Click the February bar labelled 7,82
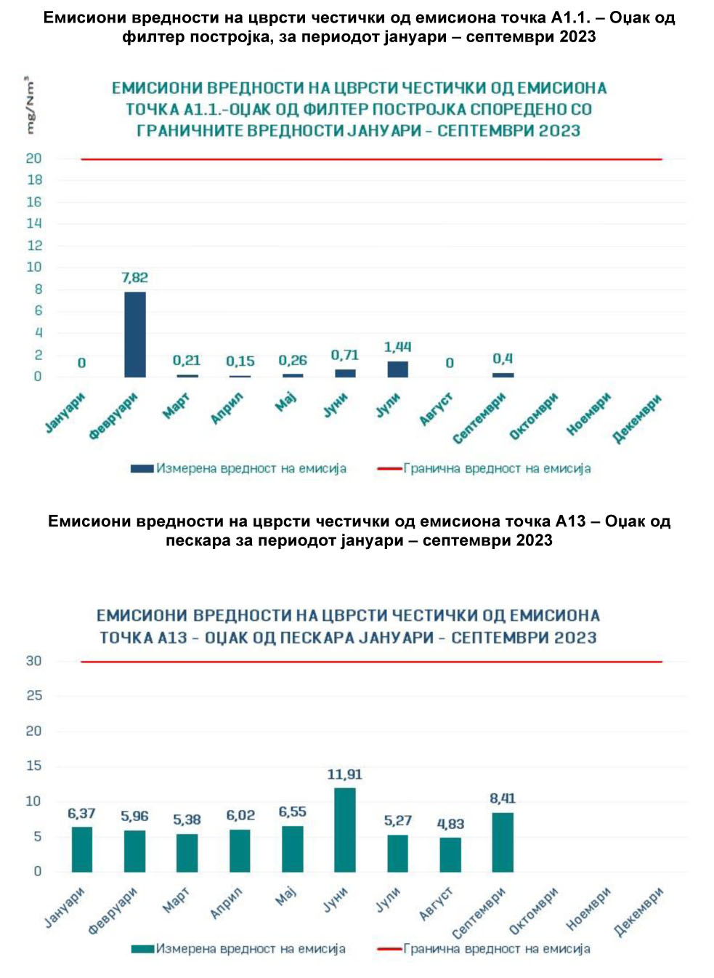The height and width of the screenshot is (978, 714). [x=135, y=334]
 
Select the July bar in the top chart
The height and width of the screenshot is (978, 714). [x=397, y=369]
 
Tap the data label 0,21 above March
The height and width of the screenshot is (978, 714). [x=187, y=360]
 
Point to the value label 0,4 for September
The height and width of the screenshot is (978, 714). [x=503, y=358]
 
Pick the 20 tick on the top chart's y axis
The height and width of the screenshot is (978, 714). [x=34, y=159]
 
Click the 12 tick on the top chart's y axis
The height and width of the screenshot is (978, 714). [x=34, y=245]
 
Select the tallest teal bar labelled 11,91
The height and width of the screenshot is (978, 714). [x=345, y=830]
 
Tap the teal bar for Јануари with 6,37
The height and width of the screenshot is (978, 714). [x=82, y=849]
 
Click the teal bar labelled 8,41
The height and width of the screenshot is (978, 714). [x=503, y=842]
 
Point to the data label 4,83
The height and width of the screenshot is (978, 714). [x=450, y=824]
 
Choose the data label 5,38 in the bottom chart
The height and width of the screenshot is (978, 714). [x=187, y=819]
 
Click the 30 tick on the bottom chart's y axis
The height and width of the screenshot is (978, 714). [x=34, y=661]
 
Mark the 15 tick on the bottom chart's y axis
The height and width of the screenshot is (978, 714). [x=34, y=766]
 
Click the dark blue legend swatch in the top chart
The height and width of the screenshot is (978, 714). [x=142, y=468]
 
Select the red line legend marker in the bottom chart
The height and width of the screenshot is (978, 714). [x=390, y=949]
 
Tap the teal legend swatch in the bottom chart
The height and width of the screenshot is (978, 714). [x=142, y=949]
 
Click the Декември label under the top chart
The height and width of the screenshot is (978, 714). [x=636, y=418]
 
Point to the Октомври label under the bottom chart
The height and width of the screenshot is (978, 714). [x=534, y=910]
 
